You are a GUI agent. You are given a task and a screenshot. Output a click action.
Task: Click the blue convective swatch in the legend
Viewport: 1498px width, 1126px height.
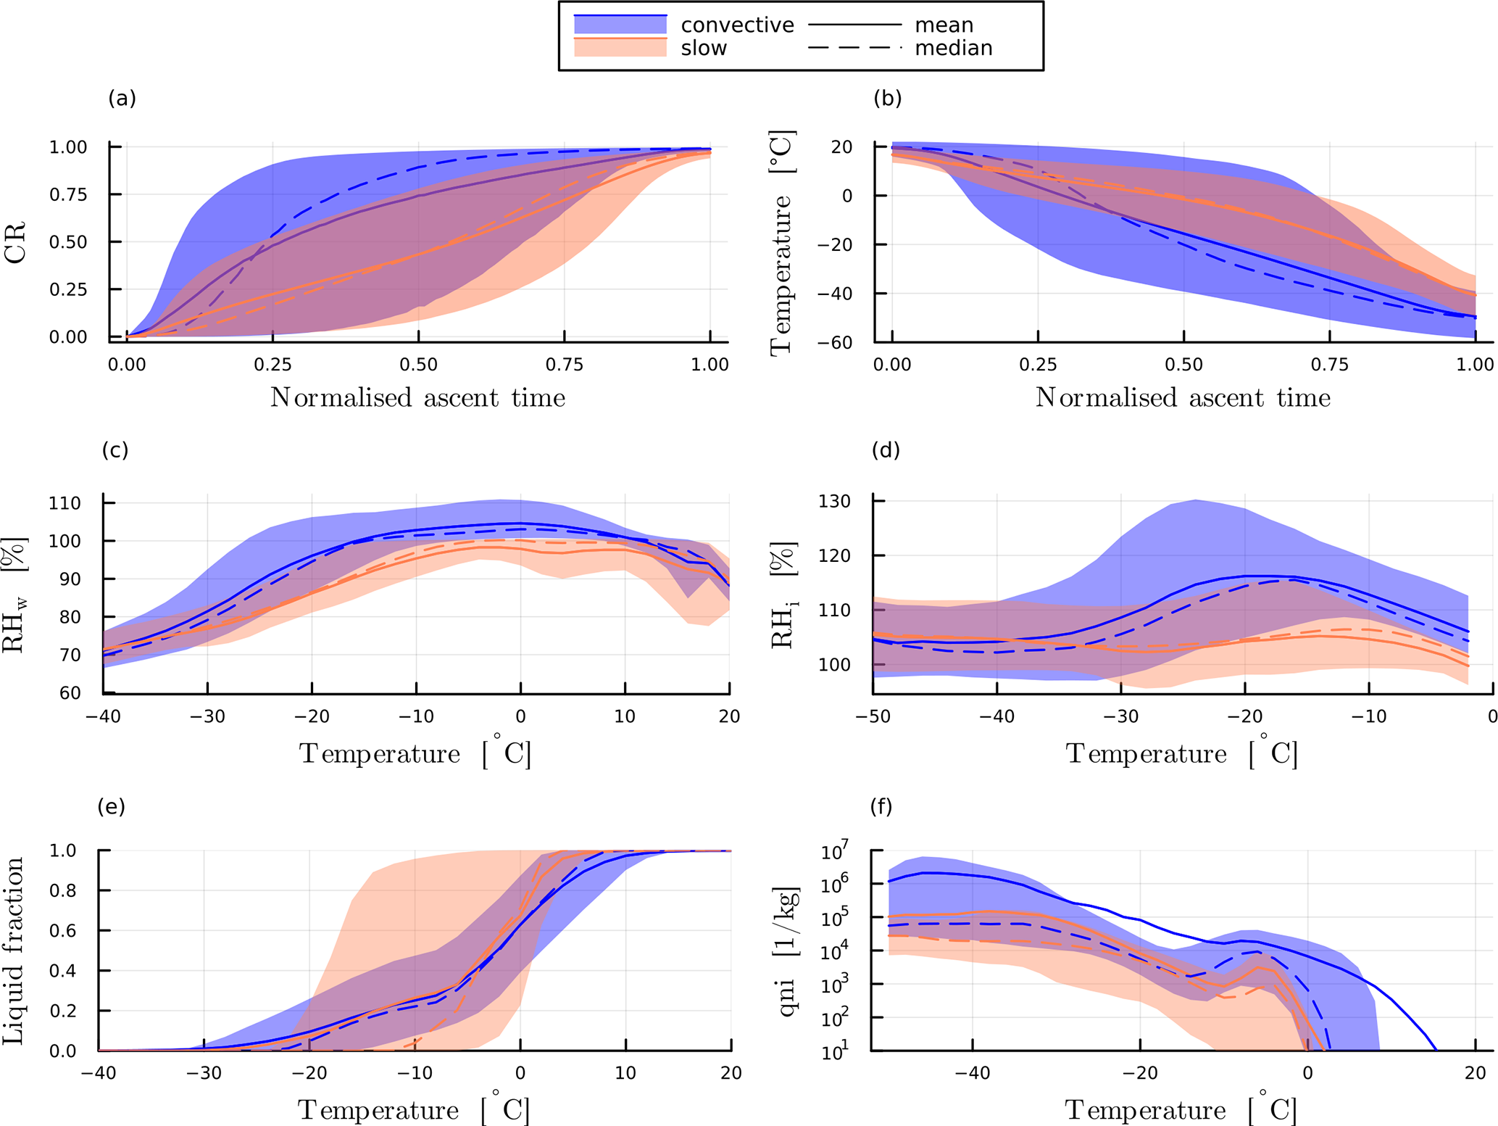(x=620, y=25)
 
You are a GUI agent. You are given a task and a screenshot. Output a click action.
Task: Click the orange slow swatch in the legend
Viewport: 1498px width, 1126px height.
(x=620, y=48)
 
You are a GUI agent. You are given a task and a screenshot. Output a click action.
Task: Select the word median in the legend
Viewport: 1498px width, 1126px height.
(x=953, y=48)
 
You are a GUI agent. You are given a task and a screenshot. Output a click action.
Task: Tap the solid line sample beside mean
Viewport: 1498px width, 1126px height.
(x=854, y=25)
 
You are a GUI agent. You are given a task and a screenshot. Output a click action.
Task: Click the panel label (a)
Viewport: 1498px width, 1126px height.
(x=122, y=98)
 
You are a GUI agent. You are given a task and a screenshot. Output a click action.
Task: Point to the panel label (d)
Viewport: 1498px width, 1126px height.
(x=886, y=450)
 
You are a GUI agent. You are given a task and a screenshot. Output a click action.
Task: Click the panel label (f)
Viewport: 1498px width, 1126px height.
(x=881, y=806)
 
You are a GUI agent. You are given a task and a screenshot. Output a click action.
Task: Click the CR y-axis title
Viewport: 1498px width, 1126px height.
(x=16, y=242)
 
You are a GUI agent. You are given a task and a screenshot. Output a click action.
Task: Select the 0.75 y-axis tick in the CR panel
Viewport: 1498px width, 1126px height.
(x=68, y=194)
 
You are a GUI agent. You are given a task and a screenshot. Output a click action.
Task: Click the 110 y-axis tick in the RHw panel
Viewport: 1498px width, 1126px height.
(x=65, y=503)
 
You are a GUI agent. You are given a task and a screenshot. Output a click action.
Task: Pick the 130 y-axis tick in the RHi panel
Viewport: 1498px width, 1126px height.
(x=836, y=501)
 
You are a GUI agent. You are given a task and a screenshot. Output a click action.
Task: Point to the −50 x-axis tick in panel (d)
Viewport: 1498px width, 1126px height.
(x=873, y=716)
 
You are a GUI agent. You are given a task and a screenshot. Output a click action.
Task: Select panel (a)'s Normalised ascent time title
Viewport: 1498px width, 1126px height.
(x=417, y=397)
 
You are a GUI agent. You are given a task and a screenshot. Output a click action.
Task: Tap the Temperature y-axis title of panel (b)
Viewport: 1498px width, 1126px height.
(x=781, y=242)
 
